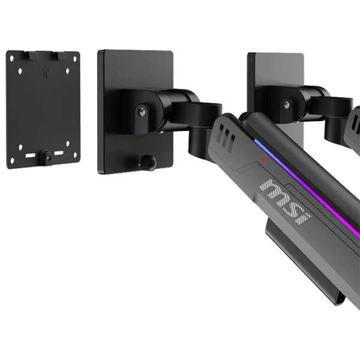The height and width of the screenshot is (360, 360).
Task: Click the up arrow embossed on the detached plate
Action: [x=46, y=73]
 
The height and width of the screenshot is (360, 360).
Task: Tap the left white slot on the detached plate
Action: [x=30, y=155]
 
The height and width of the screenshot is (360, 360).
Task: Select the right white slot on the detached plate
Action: [x=59, y=153]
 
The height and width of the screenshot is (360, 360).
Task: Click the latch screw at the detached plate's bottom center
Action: [x=48, y=157]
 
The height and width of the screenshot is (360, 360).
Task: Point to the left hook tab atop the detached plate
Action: [x=34, y=55]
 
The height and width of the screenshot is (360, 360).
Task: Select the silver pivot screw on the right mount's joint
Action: [x=286, y=104]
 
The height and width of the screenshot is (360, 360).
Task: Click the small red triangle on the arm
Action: [x=263, y=160]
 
